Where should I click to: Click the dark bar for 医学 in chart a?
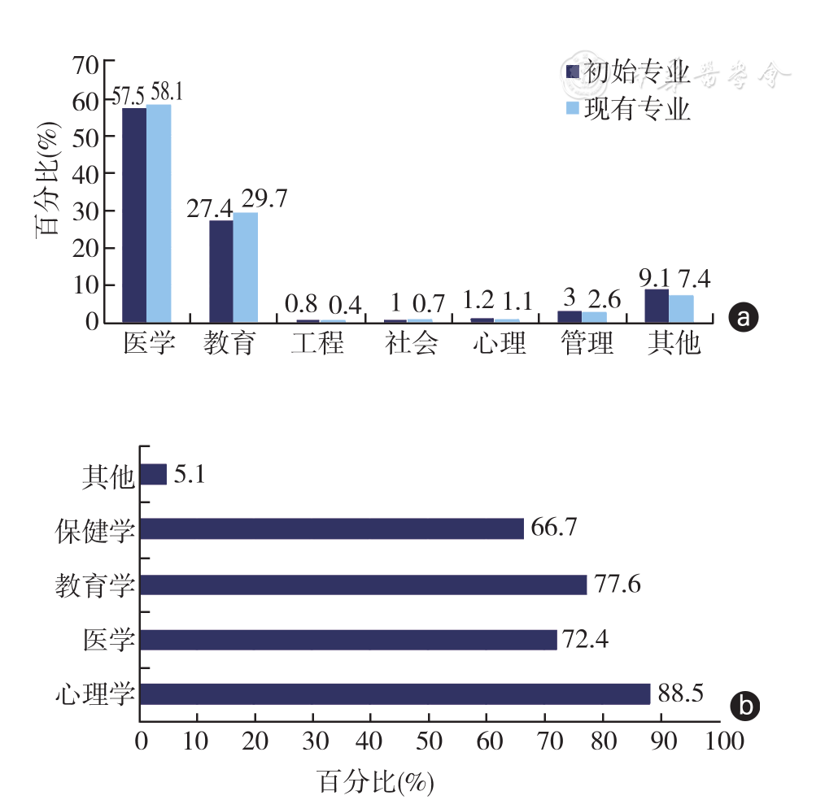pos(134,215)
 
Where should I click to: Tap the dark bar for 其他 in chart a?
pos(657,306)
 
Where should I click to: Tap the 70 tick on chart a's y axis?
pos(85,63)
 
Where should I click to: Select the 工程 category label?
pos(317,344)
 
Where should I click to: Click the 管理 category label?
pos(587,344)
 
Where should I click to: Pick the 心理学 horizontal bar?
pos(395,694)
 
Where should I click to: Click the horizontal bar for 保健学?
pos(332,529)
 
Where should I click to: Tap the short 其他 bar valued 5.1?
pos(154,475)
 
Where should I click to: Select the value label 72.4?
pos(586,640)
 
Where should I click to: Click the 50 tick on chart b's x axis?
pos(428,742)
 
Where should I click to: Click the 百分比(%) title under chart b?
pos(374,781)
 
